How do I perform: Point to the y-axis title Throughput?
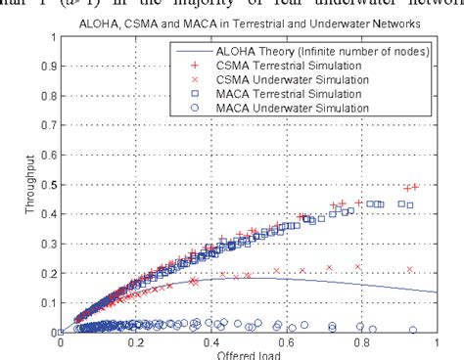[x=19, y=185]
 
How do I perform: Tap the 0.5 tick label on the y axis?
[x=47, y=185]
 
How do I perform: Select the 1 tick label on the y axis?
[x=52, y=38]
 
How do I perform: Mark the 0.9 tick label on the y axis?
[x=47, y=67]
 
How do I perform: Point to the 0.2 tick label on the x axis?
[x=136, y=343]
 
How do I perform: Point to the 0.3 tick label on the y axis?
[x=47, y=244]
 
